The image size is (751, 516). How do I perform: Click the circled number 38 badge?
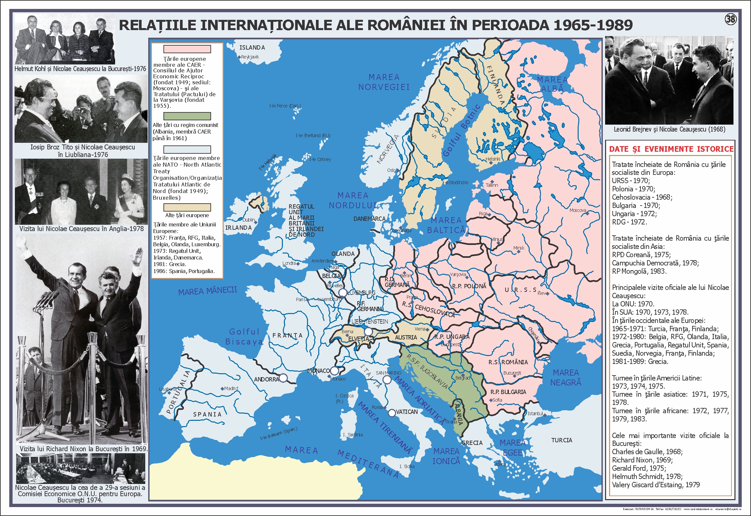pos(730,20)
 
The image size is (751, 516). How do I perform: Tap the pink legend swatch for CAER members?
pos(187,49)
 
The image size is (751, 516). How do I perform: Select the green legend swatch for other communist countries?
pos(187,116)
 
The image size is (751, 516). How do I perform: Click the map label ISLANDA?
pos(252,48)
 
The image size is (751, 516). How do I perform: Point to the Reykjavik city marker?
pos(240,57)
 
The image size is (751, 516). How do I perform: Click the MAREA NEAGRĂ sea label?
pos(565,377)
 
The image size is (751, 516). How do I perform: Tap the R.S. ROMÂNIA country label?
pos(508,362)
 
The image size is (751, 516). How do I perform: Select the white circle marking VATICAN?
pos(392,413)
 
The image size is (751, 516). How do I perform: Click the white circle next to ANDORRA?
pos(283,378)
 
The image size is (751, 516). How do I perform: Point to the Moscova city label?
pos(578,210)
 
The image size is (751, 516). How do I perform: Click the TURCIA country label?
pos(561,440)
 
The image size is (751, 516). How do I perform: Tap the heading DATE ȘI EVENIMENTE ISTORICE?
pos(671,149)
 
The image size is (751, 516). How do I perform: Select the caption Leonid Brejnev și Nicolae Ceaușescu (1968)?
pos(669,129)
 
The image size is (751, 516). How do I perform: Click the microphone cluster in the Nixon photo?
pos(45,299)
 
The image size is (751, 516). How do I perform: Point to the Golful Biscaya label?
pos(244,337)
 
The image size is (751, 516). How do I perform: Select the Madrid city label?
pos(231,388)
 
